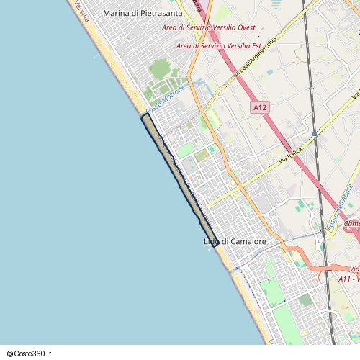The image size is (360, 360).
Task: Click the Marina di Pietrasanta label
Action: point(143,13)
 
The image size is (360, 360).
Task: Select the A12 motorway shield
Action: point(260,107)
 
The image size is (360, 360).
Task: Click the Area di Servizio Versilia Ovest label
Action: point(209,27)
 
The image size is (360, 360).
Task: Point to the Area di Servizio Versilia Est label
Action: point(218,46)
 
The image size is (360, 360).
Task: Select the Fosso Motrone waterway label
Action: point(165,99)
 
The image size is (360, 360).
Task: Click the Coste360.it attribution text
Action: point(30,354)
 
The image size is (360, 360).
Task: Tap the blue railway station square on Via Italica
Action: point(315,133)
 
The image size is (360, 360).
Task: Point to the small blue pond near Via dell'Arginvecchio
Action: point(269,72)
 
